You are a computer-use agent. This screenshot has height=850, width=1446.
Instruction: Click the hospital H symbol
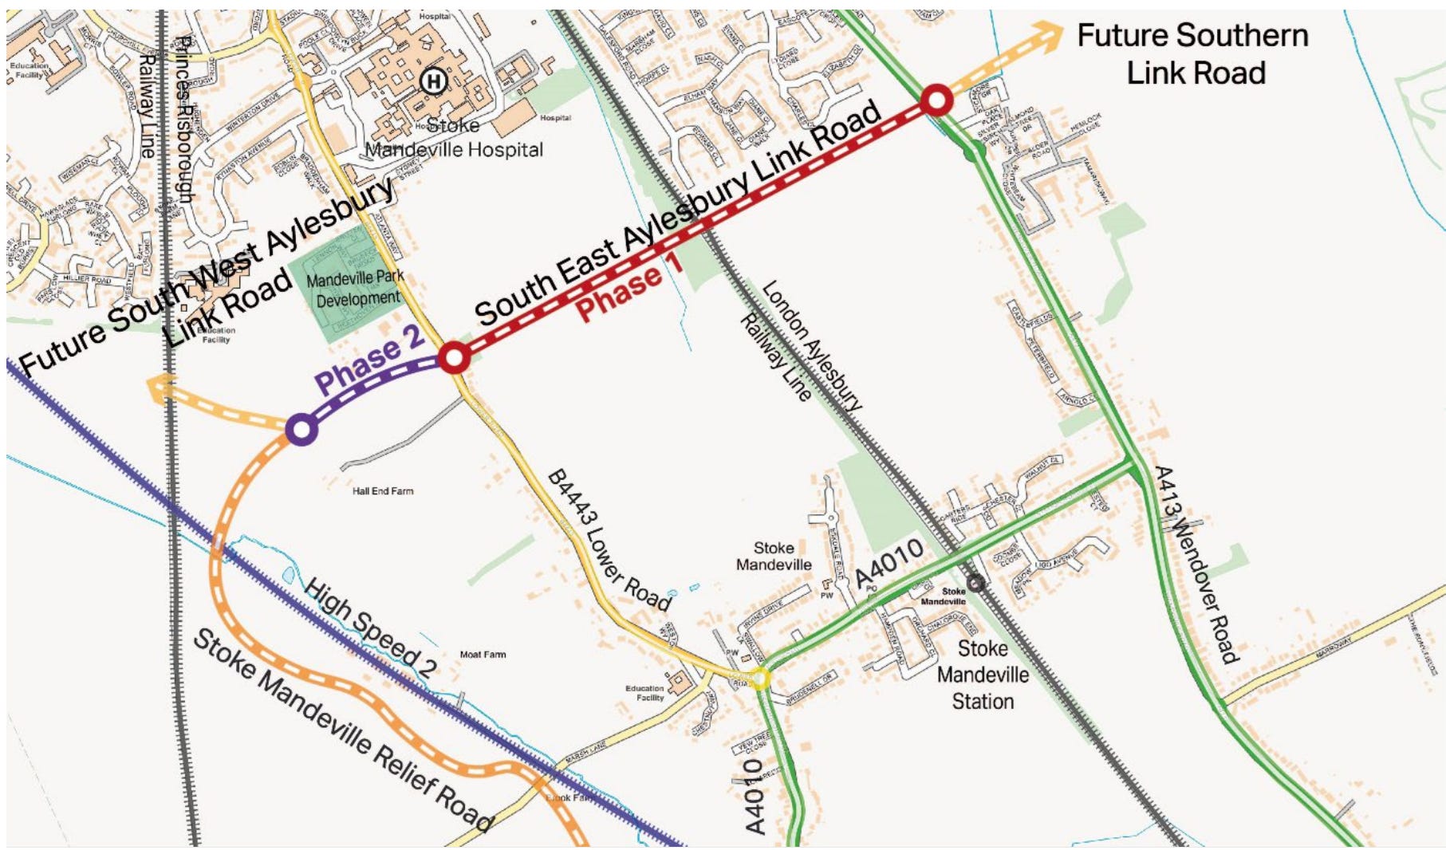pyautogui.click(x=433, y=81)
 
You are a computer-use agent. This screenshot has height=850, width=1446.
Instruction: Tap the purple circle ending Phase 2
pyautogui.click(x=301, y=430)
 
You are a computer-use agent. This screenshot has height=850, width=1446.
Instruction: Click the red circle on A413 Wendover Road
pyautogui.click(x=936, y=100)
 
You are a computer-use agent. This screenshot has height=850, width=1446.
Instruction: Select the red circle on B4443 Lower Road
pyautogui.click(x=454, y=358)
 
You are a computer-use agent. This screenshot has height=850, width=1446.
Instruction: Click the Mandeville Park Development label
pyautogui.click(x=355, y=289)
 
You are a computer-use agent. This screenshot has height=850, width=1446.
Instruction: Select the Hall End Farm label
pyautogui.click(x=383, y=491)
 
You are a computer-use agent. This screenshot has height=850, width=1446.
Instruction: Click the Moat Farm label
pyautogui.click(x=483, y=655)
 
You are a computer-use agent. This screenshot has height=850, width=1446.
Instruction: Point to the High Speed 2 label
pyautogui.click(x=370, y=628)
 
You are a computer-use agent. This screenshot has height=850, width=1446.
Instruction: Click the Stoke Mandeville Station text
pyautogui.click(x=983, y=675)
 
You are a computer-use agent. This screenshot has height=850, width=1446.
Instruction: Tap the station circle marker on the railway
pyautogui.click(x=975, y=584)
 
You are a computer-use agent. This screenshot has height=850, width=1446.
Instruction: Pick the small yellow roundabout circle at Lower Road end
pyautogui.click(x=760, y=679)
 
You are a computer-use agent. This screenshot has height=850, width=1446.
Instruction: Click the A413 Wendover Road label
pyautogui.click(x=1197, y=565)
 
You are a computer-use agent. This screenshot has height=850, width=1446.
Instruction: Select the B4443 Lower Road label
pyautogui.click(x=609, y=541)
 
